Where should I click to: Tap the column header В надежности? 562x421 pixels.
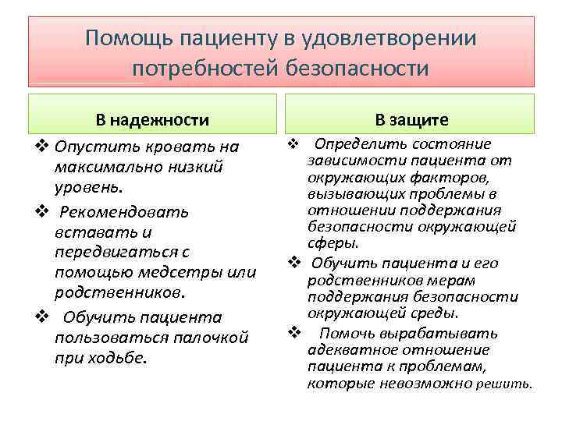pos(152,119)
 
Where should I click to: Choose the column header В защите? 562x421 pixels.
pos(411,119)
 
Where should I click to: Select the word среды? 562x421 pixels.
pos(434,313)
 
